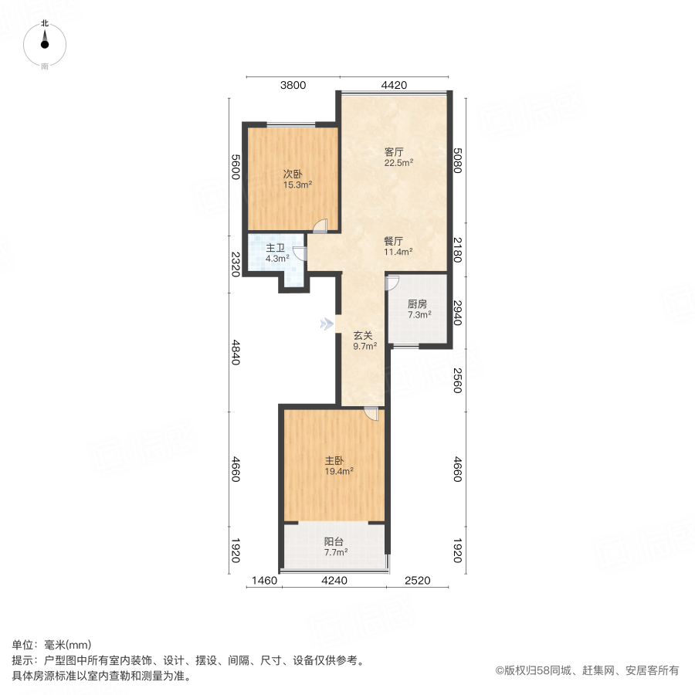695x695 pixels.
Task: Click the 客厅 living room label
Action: pyautogui.click(x=395, y=152)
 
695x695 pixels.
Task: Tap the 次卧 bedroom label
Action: pyautogui.click(x=292, y=174)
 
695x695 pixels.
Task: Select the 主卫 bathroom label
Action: pyautogui.click(x=276, y=248)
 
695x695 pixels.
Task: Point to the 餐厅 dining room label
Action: pyautogui.click(x=395, y=240)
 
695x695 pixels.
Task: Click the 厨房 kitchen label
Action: pyautogui.click(x=417, y=303)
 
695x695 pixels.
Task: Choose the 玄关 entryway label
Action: pyautogui.click(x=364, y=336)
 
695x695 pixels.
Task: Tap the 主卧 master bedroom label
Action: pyautogui.click(x=334, y=460)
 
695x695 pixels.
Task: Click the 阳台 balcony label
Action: pyautogui.click(x=334, y=541)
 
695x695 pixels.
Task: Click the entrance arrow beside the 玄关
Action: pyautogui.click(x=327, y=324)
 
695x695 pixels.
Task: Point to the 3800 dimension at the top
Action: pyautogui.click(x=293, y=86)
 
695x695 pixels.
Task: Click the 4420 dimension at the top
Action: pyautogui.click(x=393, y=86)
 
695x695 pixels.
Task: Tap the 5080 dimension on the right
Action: pyautogui.click(x=457, y=161)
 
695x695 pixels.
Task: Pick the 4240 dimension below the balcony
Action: pyautogui.click(x=334, y=581)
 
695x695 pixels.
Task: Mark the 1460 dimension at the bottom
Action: pyautogui.click(x=263, y=581)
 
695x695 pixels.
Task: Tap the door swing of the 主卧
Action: pyautogui.click(x=371, y=413)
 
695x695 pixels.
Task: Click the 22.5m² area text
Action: pyautogui.click(x=399, y=163)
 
